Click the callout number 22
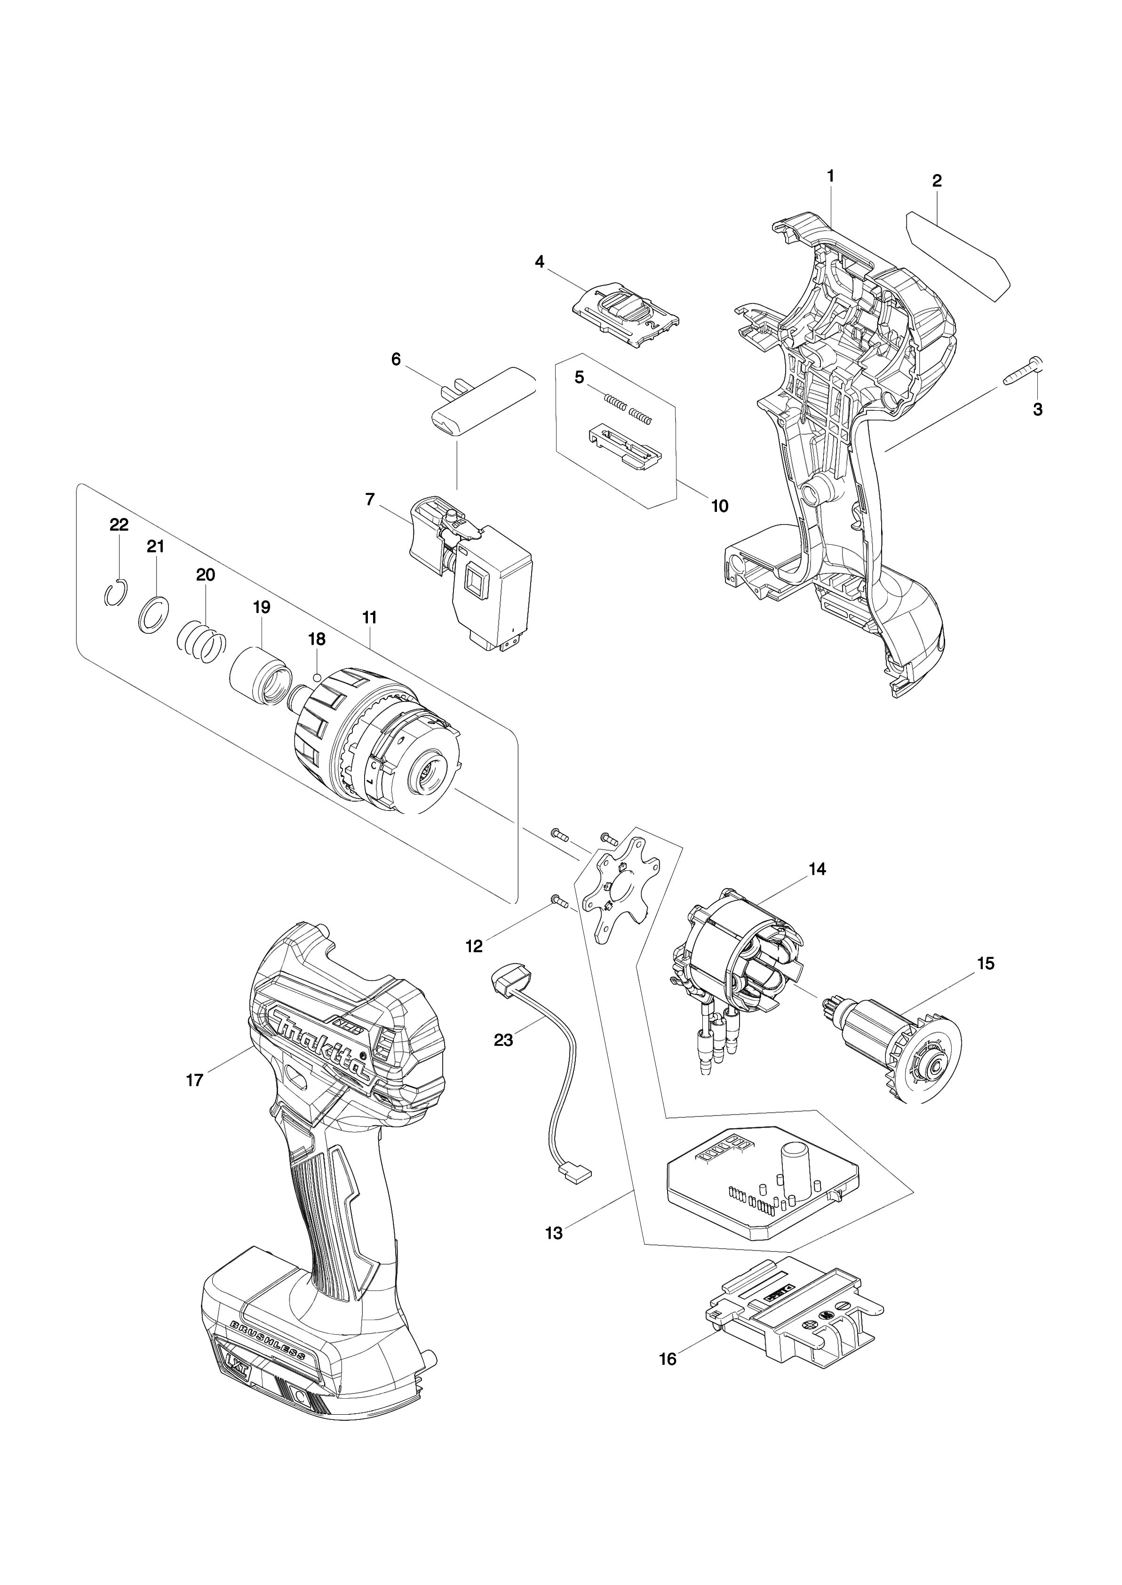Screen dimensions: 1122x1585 (119, 525)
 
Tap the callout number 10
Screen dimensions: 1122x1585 (720, 506)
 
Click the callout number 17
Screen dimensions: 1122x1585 (195, 1079)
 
